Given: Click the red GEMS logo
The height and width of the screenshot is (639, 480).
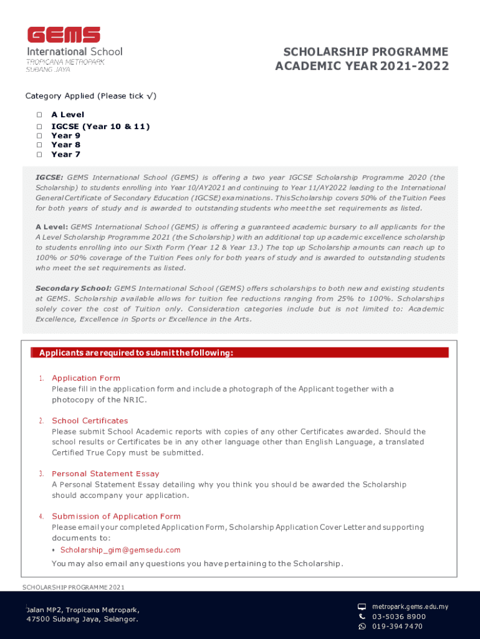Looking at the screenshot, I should [x=64, y=36].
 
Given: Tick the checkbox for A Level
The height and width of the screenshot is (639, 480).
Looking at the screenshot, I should [x=39, y=115].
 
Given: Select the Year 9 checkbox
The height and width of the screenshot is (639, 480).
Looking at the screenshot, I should [x=39, y=135].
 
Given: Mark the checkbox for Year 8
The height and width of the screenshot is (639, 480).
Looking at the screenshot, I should [x=39, y=145].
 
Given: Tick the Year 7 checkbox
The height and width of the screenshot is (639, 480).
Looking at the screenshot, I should [x=39, y=154].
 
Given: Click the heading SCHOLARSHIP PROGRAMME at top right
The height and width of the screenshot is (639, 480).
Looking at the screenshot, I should [x=366, y=51].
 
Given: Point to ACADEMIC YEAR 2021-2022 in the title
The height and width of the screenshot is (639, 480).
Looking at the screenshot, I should [x=362, y=66].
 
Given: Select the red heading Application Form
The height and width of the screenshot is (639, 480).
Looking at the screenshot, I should [x=86, y=378].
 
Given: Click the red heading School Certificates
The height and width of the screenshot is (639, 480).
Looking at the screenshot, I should [x=90, y=421].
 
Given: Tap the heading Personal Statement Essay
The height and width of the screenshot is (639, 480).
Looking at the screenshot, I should [x=105, y=474].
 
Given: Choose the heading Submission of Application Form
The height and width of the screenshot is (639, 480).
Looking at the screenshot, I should [x=116, y=516].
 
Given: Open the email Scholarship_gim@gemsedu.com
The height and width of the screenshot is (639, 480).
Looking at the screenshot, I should [x=120, y=550].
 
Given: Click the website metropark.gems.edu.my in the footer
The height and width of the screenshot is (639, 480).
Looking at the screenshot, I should [x=410, y=607].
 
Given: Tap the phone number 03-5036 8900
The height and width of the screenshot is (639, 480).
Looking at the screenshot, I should [x=399, y=617].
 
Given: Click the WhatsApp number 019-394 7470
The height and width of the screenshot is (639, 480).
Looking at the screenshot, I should [x=397, y=627].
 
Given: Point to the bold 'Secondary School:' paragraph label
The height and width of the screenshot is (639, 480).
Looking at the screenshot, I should [x=74, y=288].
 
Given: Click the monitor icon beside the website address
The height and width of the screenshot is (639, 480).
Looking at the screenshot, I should [x=362, y=607].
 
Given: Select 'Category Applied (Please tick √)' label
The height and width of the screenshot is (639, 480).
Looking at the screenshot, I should [x=91, y=96].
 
